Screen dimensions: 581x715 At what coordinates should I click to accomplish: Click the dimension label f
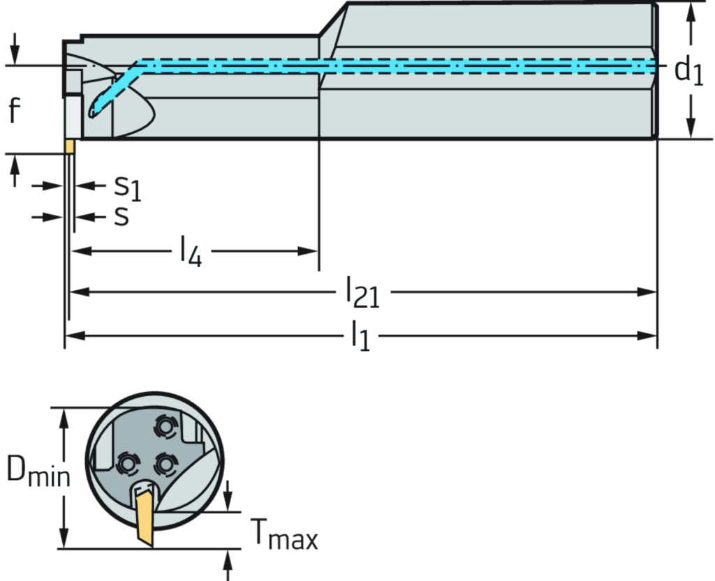click(15, 110)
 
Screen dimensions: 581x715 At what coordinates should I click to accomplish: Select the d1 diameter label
click(687, 70)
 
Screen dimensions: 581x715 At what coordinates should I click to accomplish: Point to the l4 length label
click(191, 251)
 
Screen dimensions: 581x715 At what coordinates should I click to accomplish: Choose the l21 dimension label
click(362, 292)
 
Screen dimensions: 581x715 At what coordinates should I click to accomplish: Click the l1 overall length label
click(360, 337)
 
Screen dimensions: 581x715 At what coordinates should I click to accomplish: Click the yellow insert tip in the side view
click(69, 146)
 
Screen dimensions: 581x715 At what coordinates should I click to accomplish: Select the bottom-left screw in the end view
click(127, 462)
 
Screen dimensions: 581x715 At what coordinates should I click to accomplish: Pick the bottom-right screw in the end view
click(165, 462)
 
